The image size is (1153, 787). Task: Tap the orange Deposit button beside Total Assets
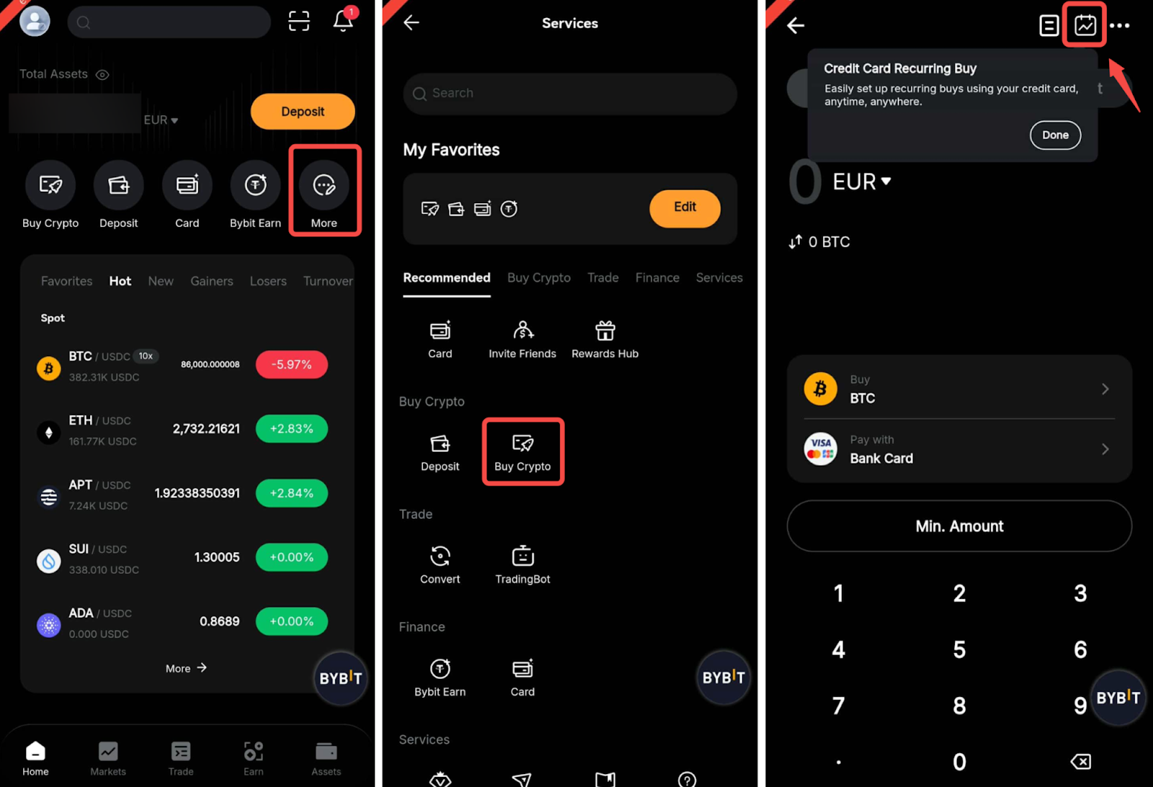(x=303, y=111)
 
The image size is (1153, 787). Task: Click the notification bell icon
(x=343, y=21)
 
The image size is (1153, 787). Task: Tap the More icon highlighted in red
(x=324, y=184)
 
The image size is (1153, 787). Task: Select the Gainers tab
(x=212, y=281)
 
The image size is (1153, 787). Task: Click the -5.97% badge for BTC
(x=291, y=365)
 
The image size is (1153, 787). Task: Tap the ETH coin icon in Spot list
(x=49, y=432)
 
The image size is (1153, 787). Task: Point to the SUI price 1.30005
(x=217, y=557)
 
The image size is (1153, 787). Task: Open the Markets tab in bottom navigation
(x=108, y=758)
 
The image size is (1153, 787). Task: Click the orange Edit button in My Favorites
(x=685, y=208)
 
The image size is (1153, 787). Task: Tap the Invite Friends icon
(x=522, y=331)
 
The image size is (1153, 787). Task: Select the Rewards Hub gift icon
(x=605, y=331)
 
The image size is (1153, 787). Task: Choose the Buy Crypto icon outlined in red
(x=522, y=443)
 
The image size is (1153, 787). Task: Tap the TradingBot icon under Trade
(x=522, y=556)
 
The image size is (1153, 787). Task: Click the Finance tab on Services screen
(x=656, y=278)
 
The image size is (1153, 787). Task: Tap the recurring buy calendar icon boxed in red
(x=1085, y=25)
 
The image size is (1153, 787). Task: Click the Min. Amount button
(x=959, y=526)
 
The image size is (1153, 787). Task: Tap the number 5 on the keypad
(x=959, y=649)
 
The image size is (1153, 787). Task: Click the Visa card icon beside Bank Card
(x=821, y=449)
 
